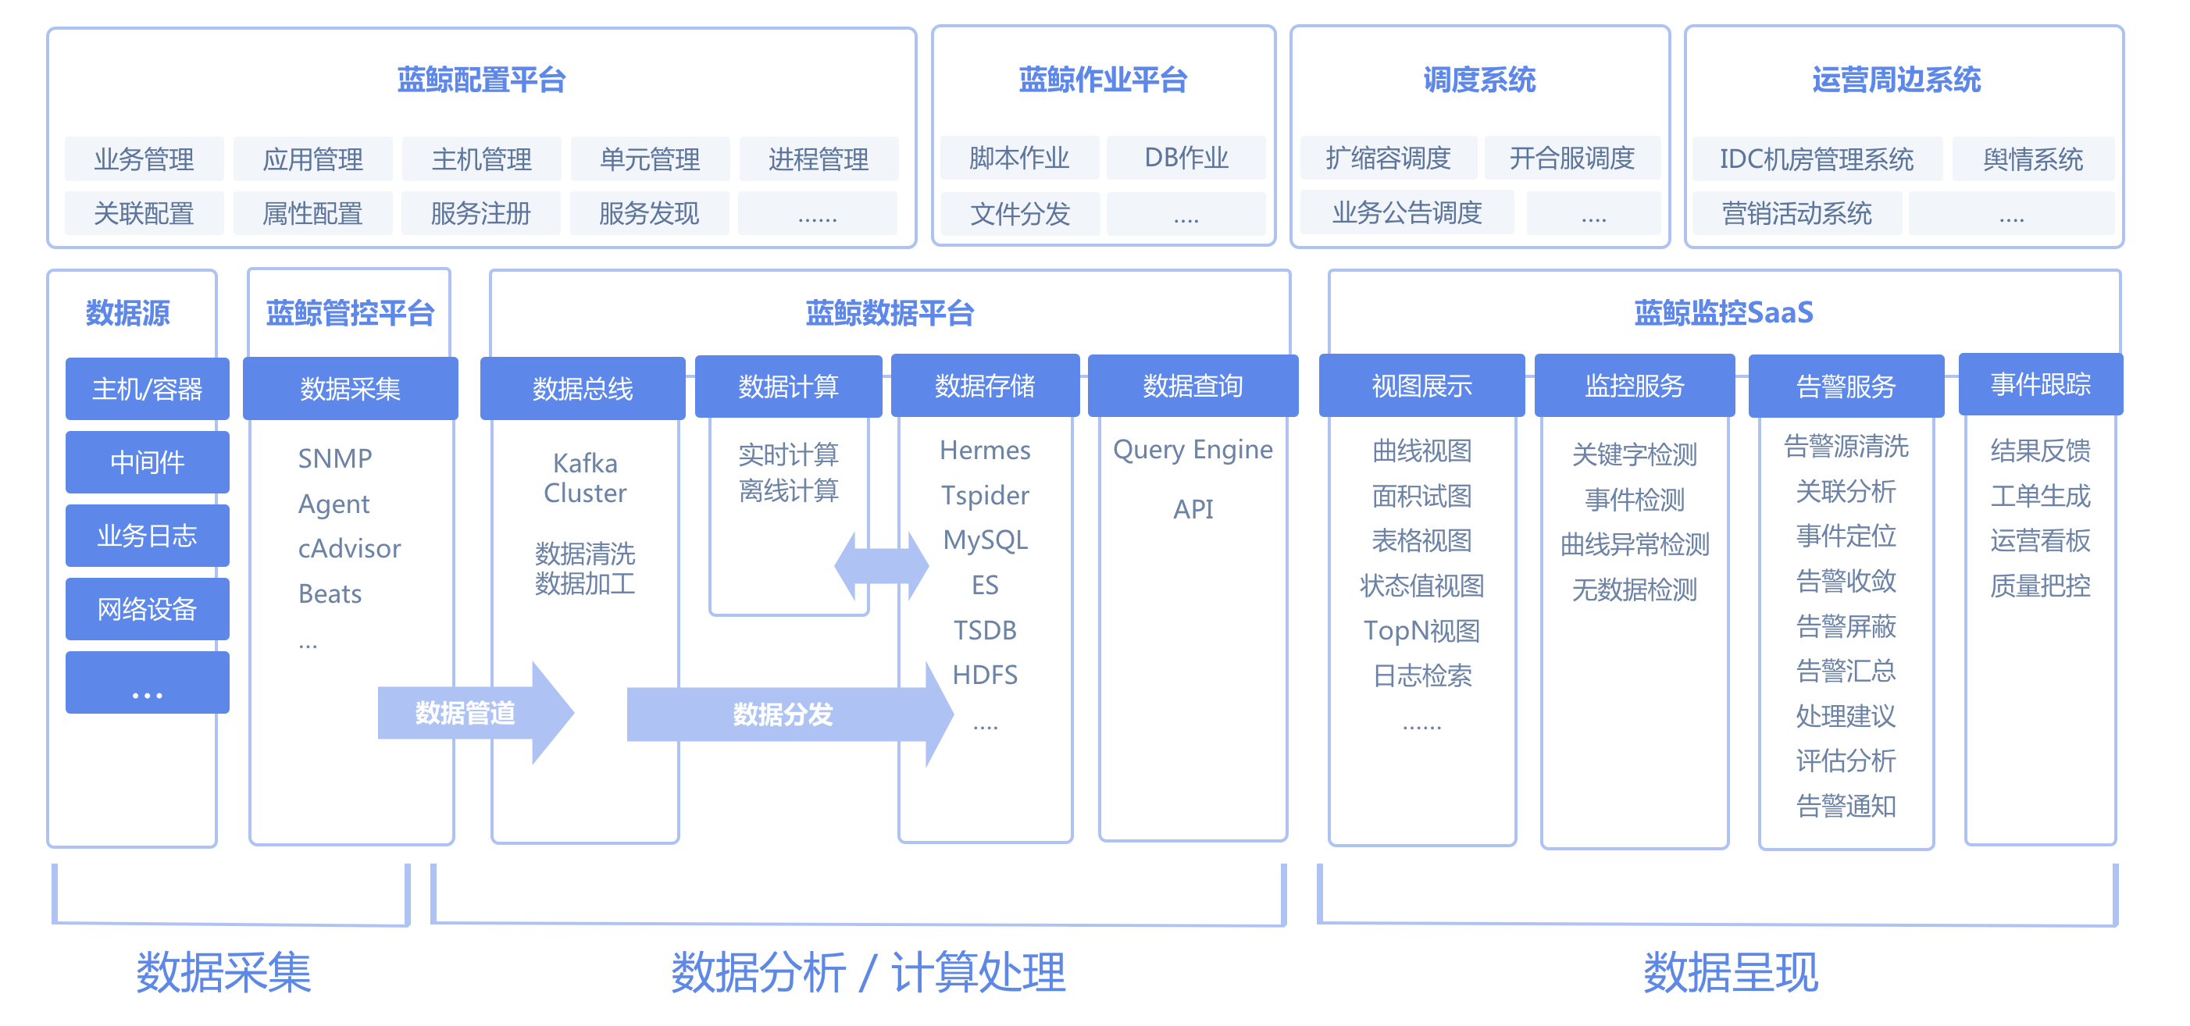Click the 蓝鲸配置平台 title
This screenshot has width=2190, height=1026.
pyautogui.click(x=481, y=80)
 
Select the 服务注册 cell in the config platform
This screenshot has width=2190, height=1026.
pyautogui.click(x=480, y=213)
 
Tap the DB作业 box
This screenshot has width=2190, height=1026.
pyautogui.click(x=1186, y=158)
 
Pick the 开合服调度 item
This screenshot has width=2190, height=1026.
pyautogui.click(x=1572, y=158)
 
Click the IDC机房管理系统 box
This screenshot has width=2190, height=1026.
pyautogui.click(x=1816, y=159)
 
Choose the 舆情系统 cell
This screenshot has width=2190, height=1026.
pyautogui.click(x=2033, y=159)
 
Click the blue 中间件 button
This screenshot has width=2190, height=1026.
pyautogui.click(x=147, y=462)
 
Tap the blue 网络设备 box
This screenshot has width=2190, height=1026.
pyautogui.click(x=147, y=608)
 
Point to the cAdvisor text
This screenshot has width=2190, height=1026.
pyautogui.click(x=348, y=548)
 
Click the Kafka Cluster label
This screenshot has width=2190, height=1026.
pyautogui.click(x=585, y=478)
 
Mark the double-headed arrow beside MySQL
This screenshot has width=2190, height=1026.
pyautogui.click(x=882, y=565)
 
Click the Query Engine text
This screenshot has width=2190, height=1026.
pyautogui.click(x=1193, y=449)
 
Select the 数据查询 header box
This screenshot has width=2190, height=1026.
pyautogui.click(x=1193, y=386)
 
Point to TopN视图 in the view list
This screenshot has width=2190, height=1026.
pyautogui.click(x=1421, y=630)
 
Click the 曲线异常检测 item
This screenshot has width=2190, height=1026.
pyautogui.click(x=1634, y=544)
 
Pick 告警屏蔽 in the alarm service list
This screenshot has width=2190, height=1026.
pyautogui.click(x=1846, y=625)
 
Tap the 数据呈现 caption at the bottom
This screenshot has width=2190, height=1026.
pyautogui.click(x=1730, y=971)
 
